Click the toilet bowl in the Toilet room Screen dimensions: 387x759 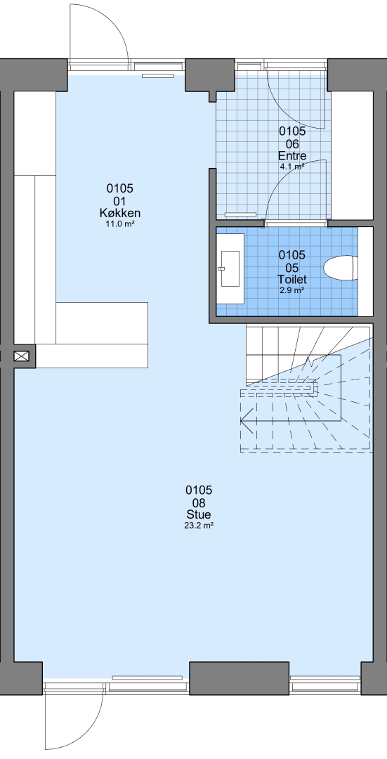point(341,268)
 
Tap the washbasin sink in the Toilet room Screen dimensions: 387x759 point(230,268)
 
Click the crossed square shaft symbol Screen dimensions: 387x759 point(22,356)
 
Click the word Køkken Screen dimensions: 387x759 point(120,214)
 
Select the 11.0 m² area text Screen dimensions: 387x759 point(120,224)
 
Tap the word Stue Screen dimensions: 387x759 point(198,515)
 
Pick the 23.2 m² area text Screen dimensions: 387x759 point(198,526)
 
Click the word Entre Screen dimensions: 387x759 point(292,156)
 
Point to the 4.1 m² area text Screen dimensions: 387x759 point(292,167)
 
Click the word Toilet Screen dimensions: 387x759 point(292,280)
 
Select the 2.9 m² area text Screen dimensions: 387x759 point(292,290)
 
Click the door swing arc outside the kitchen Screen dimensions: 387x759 point(111,20)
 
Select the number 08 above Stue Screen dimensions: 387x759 point(198,503)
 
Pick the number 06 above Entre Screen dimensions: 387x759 point(292,144)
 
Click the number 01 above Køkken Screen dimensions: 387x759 point(120,201)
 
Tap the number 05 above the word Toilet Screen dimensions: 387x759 point(292,268)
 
